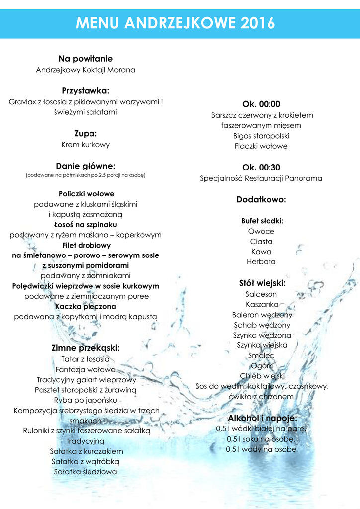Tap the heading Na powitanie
tap(86, 59)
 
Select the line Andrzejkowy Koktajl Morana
tap(86, 70)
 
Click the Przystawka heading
tap(86, 90)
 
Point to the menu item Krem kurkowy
tap(86, 145)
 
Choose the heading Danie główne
tap(86, 166)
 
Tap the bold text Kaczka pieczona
tap(86, 306)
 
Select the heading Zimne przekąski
tap(86, 348)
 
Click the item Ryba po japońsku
tap(86, 400)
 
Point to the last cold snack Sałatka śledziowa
tap(86, 472)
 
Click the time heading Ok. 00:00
tap(261, 104)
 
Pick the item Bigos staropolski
tap(261, 136)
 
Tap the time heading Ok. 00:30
tap(261, 167)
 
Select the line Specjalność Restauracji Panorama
tap(261, 178)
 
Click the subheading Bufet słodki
tap(262, 221)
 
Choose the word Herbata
tap(261, 261)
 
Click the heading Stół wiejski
tap(262, 283)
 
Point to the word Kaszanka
tap(262, 304)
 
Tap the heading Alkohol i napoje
tap(262, 418)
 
